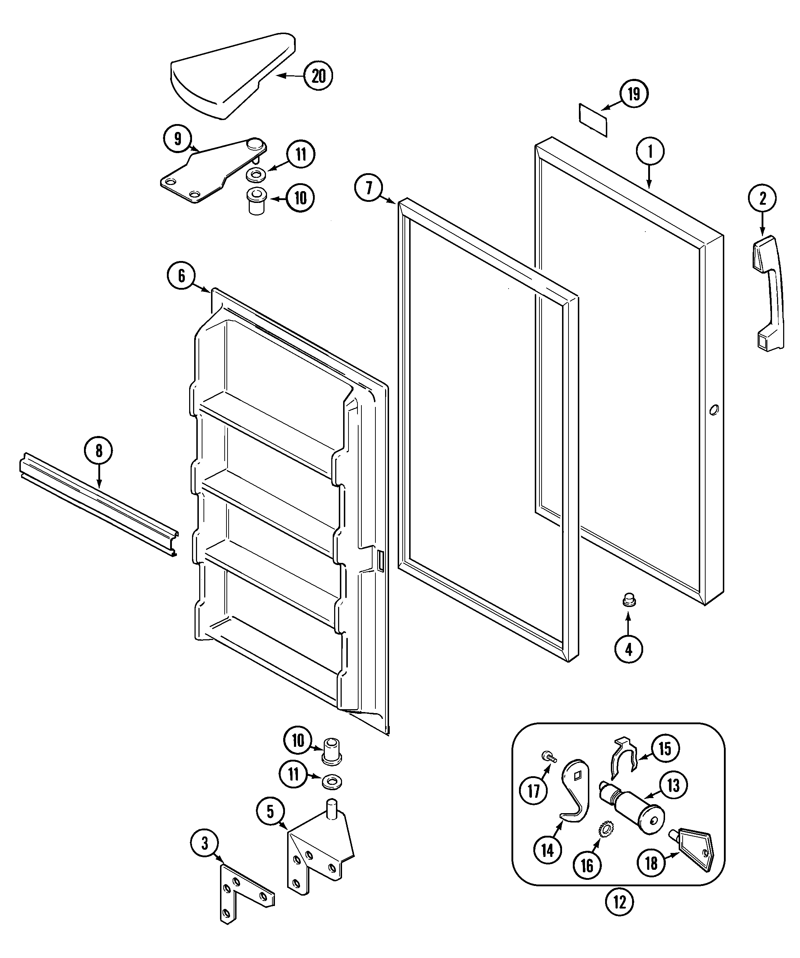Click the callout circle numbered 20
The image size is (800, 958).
click(318, 76)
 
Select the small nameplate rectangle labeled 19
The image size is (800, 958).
click(593, 119)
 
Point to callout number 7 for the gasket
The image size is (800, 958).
click(369, 188)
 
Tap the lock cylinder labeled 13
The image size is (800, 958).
click(635, 815)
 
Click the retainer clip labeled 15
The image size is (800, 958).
click(623, 758)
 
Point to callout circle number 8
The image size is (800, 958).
click(98, 451)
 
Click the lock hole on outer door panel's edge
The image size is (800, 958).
click(714, 410)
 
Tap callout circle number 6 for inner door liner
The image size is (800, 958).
click(181, 276)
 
